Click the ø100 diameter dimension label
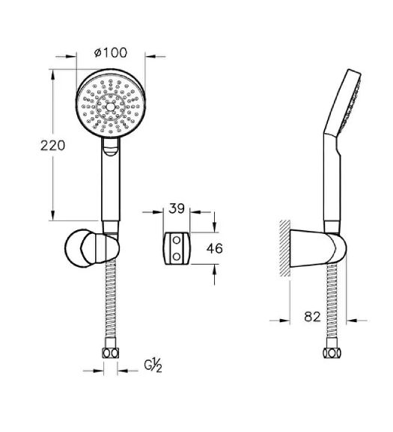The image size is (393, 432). (111, 52)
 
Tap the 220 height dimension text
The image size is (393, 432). (52, 146)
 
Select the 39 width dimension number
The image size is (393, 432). (177, 209)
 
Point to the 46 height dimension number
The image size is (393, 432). (214, 248)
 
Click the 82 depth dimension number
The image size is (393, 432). (313, 317)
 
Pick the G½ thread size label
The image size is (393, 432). (153, 366)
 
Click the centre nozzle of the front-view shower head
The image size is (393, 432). (110, 107)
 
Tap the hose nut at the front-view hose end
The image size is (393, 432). (111, 353)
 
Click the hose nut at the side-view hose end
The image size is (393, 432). (332, 353)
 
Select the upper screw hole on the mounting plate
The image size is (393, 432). (177, 240)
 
